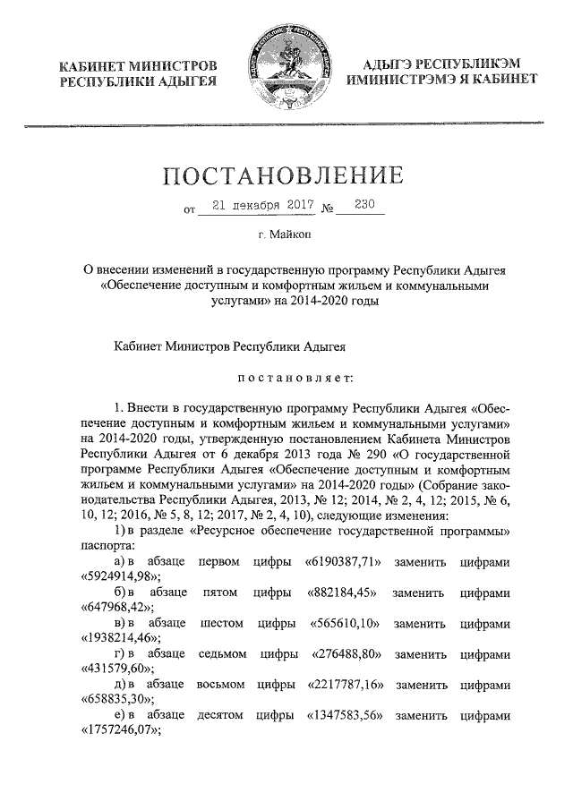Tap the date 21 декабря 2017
[x=254, y=205]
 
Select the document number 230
[x=364, y=205]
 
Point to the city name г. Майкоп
[x=286, y=234]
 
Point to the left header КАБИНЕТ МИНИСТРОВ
[x=136, y=67]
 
